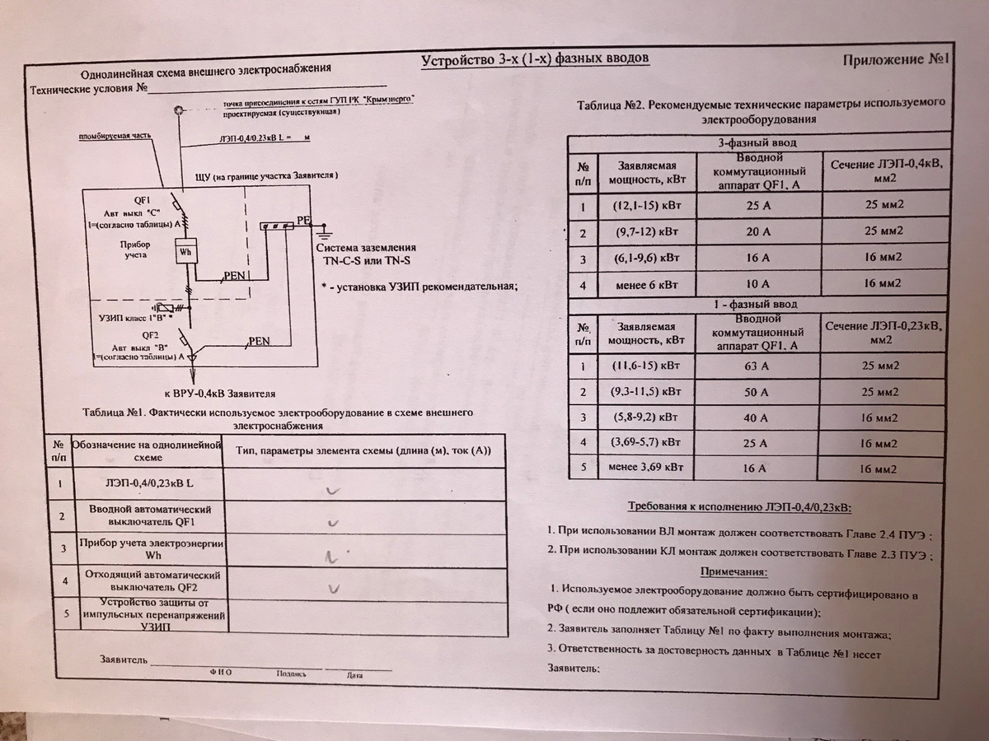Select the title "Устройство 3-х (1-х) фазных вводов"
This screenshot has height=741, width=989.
pyautogui.click(x=535, y=59)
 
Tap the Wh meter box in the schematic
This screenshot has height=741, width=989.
pyautogui.click(x=185, y=252)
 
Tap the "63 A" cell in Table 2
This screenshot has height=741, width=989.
pyautogui.click(x=757, y=366)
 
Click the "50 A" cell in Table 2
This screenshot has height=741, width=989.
pyautogui.click(x=757, y=392)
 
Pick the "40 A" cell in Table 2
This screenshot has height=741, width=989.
pyautogui.click(x=756, y=418)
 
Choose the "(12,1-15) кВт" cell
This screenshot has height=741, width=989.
pyautogui.click(x=647, y=204)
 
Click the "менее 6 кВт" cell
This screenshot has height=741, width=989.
pyautogui.click(x=648, y=284)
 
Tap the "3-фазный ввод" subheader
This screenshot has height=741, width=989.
pyautogui.click(x=757, y=142)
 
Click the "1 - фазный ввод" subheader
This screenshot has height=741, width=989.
pyautogui.click(x=757, y=304)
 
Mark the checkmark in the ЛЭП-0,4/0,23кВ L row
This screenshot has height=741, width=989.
pyautogui.click(x=333, y=491)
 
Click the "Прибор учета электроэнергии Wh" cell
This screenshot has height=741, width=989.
pyautogui.click(x=153, y=549)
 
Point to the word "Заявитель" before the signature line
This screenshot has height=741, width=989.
pyautogui.click(x=124, y=660)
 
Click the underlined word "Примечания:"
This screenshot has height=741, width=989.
pyautogui.click(x=734, y=571)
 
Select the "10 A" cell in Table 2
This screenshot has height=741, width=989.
pyautogui.click(x=757, y=284)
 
